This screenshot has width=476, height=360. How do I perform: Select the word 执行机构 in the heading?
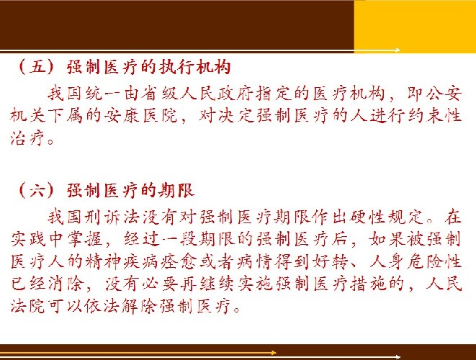(195, 67)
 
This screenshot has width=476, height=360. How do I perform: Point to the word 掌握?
(85, 240)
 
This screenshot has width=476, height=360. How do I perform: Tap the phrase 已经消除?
(48, 284)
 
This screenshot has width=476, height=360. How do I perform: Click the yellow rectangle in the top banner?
(415, 26)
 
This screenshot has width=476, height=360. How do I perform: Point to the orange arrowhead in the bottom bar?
(274, 353)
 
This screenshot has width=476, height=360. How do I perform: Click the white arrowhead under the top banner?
(397, 50)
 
